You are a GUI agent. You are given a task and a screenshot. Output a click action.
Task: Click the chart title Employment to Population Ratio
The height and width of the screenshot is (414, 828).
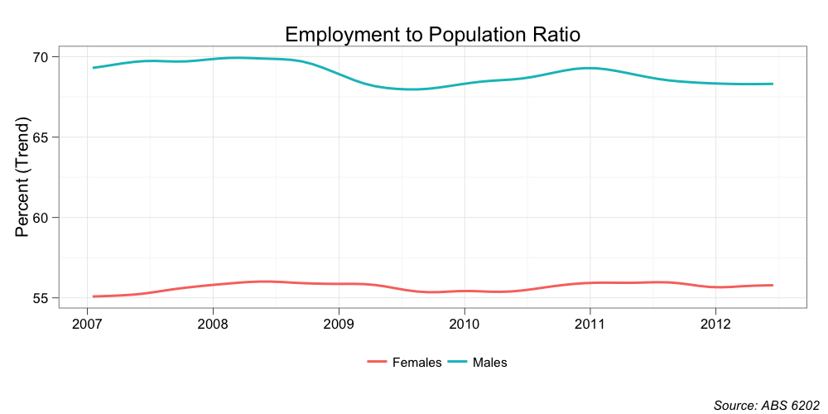pos(432,35)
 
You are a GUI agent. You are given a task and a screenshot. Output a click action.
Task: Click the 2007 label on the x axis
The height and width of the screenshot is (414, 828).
pos(87,322)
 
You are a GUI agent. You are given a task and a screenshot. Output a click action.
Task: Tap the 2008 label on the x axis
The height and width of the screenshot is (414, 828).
pos(213,322)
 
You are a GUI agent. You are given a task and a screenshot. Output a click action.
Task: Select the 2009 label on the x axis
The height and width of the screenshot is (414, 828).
pos(338,322)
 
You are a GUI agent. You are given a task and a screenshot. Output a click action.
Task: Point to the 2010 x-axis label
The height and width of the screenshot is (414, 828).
pos(464,322)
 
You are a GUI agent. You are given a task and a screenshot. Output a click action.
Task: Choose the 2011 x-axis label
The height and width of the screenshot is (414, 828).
pos(589,322)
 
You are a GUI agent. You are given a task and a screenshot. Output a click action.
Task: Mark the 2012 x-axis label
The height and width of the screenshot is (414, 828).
pos(715,322)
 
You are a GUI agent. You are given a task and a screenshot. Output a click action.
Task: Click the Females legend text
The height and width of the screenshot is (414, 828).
pos(416,363)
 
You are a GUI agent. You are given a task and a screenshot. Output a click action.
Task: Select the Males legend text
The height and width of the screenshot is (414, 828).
pos(489,363)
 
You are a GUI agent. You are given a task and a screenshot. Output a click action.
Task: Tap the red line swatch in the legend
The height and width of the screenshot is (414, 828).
pos(378,363)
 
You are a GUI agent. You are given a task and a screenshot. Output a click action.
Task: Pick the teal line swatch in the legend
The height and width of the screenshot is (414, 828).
pos(458,363)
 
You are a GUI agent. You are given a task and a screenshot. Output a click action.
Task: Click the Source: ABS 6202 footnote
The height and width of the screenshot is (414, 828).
pos(766,405)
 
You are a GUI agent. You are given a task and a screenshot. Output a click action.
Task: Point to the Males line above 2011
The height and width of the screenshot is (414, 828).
pos(589,68)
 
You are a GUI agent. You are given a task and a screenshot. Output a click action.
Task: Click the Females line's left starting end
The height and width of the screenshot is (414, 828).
pos(94,296)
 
